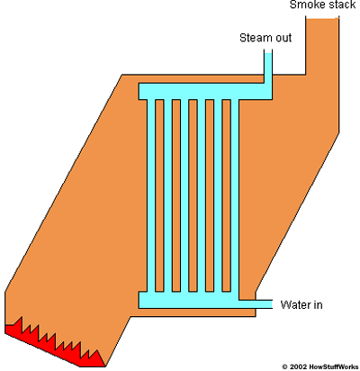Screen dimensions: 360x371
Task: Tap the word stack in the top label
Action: point(343,5)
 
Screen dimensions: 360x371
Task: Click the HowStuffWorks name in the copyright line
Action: point(334,366)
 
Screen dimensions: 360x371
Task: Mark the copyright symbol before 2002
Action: point(285,366)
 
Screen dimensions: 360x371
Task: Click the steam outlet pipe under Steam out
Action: point(268,68)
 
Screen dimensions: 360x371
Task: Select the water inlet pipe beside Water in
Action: point(256,304)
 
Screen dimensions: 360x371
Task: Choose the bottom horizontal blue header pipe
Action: point(189,300)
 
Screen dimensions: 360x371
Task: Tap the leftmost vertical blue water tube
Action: point(151,195)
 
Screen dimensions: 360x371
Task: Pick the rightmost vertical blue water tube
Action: point(235,195)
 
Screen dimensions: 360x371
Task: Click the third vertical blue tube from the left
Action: point(184,195)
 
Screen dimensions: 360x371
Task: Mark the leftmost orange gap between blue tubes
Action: point(159,195)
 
